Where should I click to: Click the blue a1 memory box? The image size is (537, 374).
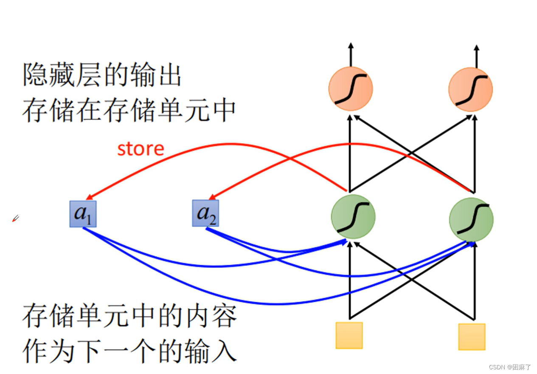[x=83, y=213]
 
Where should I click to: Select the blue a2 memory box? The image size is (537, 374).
[x=206, y=213]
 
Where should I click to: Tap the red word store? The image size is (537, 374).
[x=141, y=149]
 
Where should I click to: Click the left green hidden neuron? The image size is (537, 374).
[x=353, y=217]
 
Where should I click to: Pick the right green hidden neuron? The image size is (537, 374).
[x=471, y=219]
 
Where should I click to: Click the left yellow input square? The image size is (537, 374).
[x=349, y=335]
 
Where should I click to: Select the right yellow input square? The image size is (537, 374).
[x=472, y=337]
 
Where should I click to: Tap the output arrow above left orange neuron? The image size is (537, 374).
[x=351, y=53]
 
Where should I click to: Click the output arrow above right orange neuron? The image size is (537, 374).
[x=476, y=53]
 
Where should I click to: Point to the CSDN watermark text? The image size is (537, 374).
[x=510, y=367]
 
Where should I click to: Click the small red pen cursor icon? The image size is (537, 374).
[x=15, y=219]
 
